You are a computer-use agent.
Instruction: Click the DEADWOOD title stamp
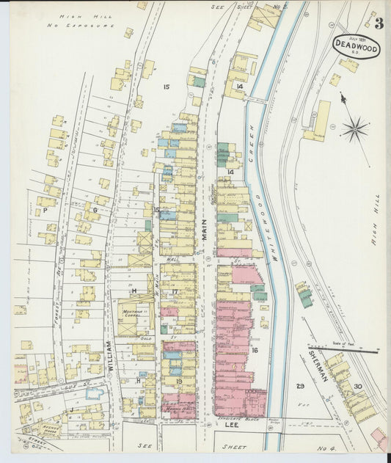coord(356,45)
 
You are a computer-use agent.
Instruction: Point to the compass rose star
coord(354,130)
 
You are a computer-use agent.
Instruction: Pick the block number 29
coord(299,386)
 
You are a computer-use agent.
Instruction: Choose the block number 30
coord(357,386)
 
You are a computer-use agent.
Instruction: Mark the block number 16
coord(255,351)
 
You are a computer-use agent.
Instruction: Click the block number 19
coord(179,382)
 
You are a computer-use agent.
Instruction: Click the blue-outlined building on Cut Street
coord(94,393)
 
